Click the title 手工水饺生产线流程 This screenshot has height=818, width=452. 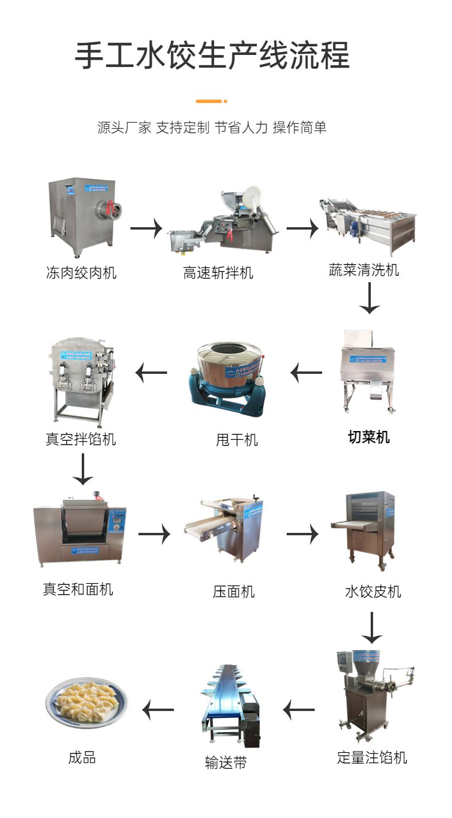click(212, 56)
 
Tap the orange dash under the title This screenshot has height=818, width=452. click(209, 101)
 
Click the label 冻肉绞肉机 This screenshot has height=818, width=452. click(81, 272)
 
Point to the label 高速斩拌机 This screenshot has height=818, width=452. click(218, 273)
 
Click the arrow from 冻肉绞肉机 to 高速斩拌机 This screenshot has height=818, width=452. click(146, 229)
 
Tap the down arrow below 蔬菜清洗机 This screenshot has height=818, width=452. click(370, 299)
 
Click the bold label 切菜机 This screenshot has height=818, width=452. click(369, 437)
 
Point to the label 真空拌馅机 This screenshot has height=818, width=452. click(81, 439)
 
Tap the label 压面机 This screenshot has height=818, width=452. click(233, 591)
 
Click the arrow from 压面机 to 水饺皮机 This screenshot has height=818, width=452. click(302, 535)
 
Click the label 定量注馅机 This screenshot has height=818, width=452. click(372, 758)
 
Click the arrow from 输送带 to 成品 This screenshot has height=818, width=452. click(158, 710)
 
